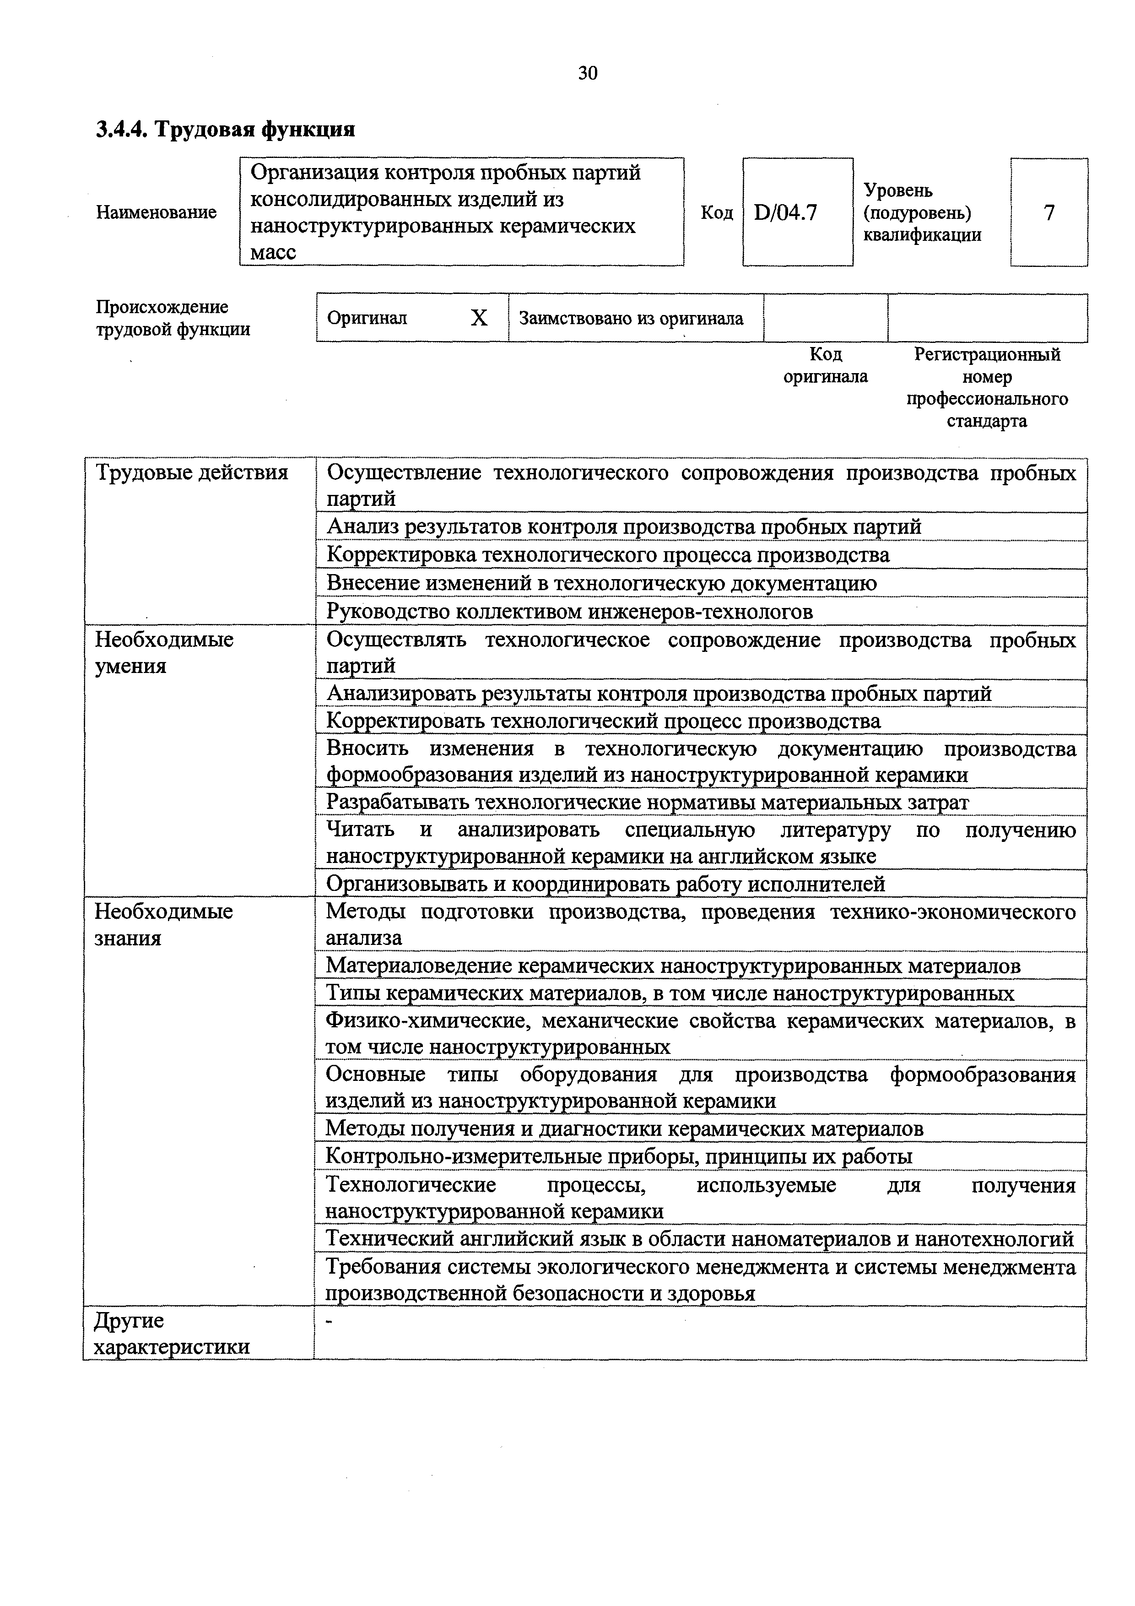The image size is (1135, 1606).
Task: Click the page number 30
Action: [588, 73]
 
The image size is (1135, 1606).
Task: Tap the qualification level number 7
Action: [1049, 212]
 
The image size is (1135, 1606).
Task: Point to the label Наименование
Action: [156, 212]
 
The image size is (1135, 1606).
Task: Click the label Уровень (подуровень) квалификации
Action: [922, 212]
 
